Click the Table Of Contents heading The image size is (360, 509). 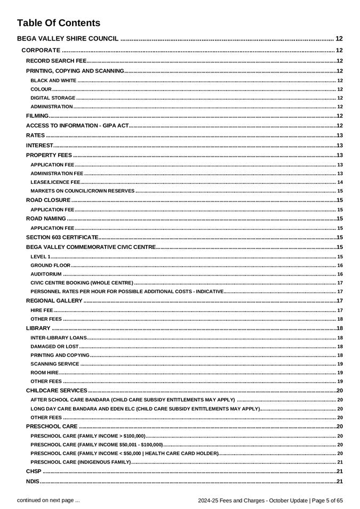[x=59, y=23]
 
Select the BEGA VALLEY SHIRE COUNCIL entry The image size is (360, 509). [x=68, y=38]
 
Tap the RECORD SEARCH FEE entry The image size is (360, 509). [x=56, y=61]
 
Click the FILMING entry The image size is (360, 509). [x=37, y=116]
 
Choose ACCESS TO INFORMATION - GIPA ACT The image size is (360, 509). [x=77, y=125]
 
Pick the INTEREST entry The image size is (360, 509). [x=40, y=145]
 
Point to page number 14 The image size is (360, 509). [x=340, y=182]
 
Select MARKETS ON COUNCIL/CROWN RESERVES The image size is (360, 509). [x=83, y=191]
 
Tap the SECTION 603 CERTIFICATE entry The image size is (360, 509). [x=62, y=237]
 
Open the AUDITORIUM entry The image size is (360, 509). [x=46, y=274]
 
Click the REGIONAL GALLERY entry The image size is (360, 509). [x=54, y=301]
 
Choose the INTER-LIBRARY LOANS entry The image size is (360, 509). [x=59, y=338]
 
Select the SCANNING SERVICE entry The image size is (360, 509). [x=55, y=364]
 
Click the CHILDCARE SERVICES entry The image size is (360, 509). [x=57, y=391]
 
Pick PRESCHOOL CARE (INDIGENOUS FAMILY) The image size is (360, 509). [x=81, y=462]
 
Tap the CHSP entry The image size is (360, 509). [x=34, y=472]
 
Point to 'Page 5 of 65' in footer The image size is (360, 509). [x=325, y=500]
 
